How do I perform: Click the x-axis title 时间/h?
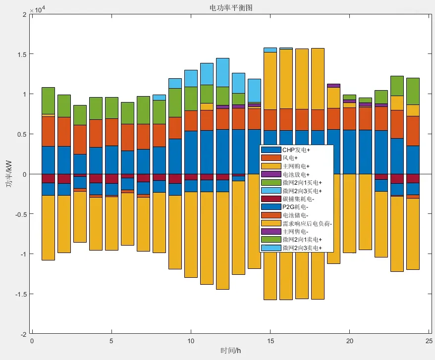[x=230, y=351]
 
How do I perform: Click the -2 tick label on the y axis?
[x=23, y=334]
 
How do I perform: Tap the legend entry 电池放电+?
[x=296, y=174]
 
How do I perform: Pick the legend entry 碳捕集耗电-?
[x=298, y=199]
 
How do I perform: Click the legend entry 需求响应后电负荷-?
[x=307, y=223]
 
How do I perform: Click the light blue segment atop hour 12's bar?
[x=222, y=72]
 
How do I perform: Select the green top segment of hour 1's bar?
[x=48, y=101]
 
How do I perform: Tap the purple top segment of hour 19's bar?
[x=333, y=86]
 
